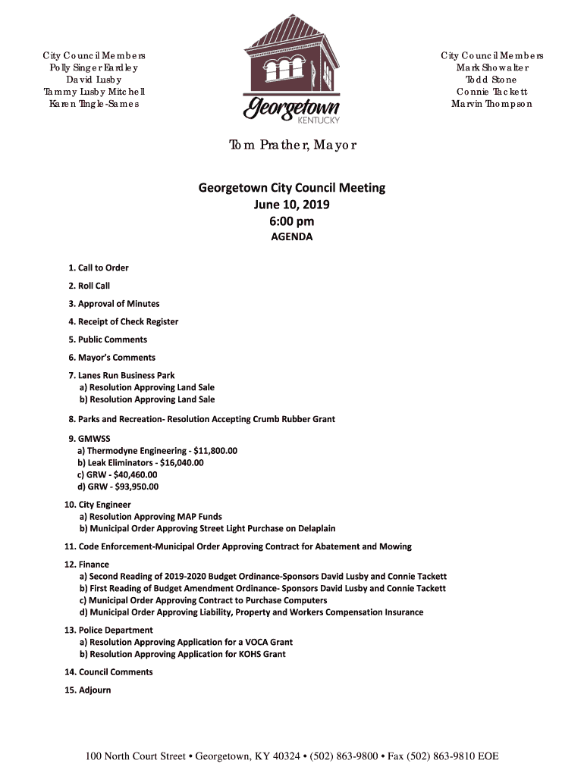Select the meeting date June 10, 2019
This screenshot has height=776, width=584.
(x=292, y=205)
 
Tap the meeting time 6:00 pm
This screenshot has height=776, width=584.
(x=292, y=221)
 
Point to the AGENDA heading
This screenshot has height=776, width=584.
(x=292, y=237)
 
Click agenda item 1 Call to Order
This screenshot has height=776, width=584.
(x=99, y=268)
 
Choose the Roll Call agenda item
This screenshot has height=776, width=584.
(x=89, y=286)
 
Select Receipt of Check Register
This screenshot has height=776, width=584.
(x=124, y=321)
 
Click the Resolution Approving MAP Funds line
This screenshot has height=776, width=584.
(x=151, y=517)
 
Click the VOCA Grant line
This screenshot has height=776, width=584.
(x=186, y=642)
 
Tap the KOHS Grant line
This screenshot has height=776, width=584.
(x=183, y=654)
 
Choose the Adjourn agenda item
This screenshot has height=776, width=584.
(x=89, y=690)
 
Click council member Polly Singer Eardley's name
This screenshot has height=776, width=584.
(x=94, y=67)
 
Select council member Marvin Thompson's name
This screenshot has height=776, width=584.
(x=492, y=104)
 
